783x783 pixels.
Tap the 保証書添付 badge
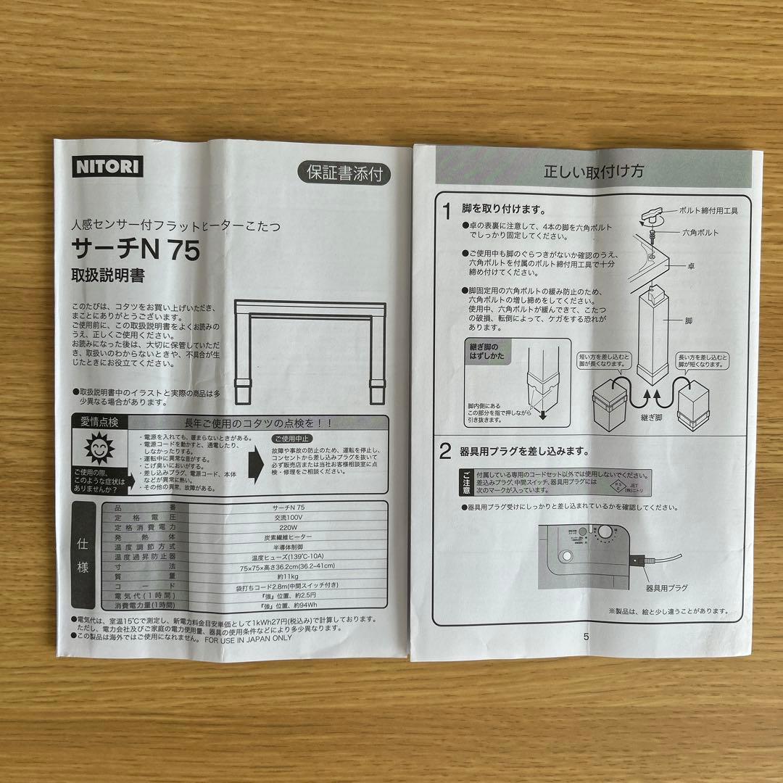(x=343, y=174)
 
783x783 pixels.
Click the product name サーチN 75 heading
(x=136, y=249)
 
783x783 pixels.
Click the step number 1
(x=447, y=211)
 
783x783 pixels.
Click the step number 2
(x=447, y=452)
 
